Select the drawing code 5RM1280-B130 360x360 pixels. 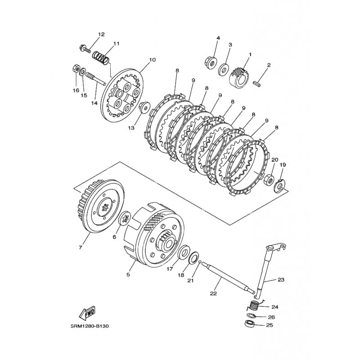tap(90, 326)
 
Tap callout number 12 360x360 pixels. tap(101, 34)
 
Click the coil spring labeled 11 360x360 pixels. tap(100, 58)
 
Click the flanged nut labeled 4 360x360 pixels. tap(210, 62)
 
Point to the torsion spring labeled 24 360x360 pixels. tap(255, 306)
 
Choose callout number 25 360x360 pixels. tap(269, 325)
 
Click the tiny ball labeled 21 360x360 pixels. tap(200, 262)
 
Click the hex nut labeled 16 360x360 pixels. tap(76, 69)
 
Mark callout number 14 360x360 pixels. tap(94, 103)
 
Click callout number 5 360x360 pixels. tap(128, 274)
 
